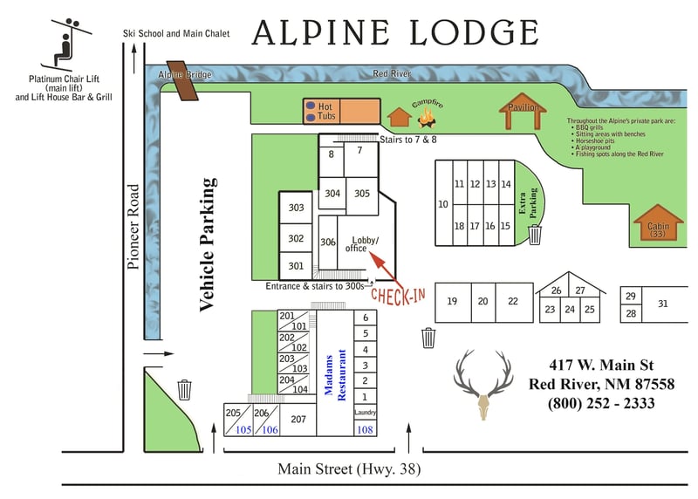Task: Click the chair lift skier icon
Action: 67,44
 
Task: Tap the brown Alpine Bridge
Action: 182,80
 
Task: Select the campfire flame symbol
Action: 426,118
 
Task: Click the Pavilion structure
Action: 523,112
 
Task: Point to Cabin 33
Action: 659,222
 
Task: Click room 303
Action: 296,208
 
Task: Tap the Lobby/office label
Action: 362,244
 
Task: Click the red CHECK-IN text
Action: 398,296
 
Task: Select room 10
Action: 443,203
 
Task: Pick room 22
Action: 514,302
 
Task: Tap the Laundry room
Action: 366,413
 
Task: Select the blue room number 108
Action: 365,429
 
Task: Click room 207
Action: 298,420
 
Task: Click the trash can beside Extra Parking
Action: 535,235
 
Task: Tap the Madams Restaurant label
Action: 335,375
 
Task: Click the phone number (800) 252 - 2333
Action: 601,403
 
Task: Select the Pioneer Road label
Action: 133,227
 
